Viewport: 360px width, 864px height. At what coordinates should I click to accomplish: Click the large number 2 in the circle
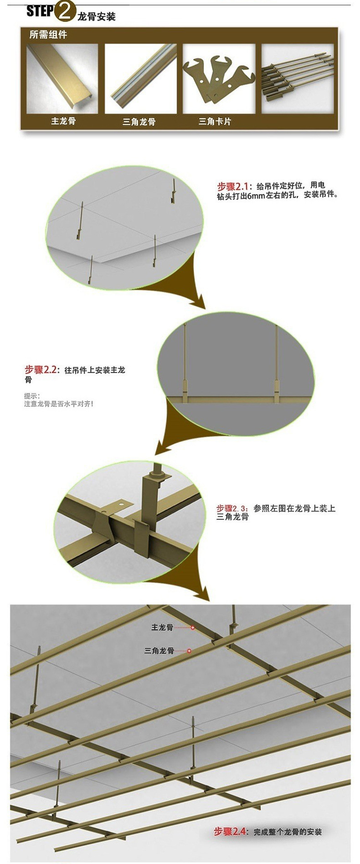click(x=64, y=12)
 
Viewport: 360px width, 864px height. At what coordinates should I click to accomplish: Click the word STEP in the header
click(x=40, y=11)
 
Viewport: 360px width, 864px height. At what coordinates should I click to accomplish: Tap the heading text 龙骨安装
click(x=97, y=17)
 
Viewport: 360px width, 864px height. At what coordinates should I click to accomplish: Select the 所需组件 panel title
click(x=48, y=35)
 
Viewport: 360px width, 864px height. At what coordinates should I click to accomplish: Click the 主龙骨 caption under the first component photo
click(x=63, y=121)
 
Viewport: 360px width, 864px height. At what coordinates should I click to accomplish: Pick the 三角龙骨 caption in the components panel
click(x=139, y=122)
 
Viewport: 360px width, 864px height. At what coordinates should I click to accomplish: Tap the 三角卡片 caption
click(x=215, y=122)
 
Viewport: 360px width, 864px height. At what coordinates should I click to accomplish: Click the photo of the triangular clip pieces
click(x=218, y=78)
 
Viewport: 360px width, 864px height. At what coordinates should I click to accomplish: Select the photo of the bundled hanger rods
click(x=297, y=78)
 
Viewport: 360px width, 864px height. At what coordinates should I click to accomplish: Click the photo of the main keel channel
click(x=62, y=78)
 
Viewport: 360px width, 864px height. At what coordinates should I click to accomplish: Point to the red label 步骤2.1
click(x=232, y=186)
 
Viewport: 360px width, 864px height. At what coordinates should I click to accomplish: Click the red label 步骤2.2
click(x=41, y=370)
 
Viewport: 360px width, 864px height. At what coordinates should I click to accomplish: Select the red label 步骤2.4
click(x=230, y=832)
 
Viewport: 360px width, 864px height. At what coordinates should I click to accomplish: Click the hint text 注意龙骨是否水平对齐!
click(x=59, y=404)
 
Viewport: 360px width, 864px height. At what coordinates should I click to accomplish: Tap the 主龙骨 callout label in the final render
click(x=162, y=628)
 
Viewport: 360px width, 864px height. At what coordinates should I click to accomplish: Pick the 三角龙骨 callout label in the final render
click(x=159, y=651)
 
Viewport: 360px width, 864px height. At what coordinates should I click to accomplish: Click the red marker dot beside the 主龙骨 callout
click(x=193, y=628)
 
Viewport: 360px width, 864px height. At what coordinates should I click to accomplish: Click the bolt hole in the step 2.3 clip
click(x=122, y=505)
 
